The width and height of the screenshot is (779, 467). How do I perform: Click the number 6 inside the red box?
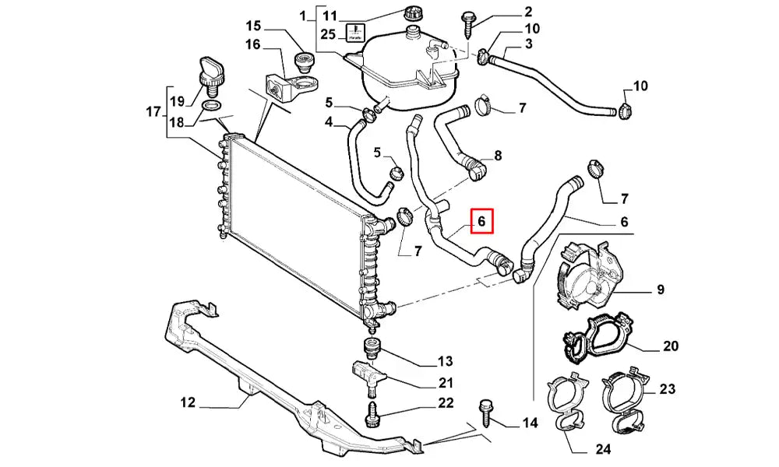click(481, 222)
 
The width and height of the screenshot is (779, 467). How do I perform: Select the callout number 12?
click(187, 402)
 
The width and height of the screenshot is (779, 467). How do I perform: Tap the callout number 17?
click(153, 112)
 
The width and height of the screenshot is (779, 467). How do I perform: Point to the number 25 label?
click(328, 33)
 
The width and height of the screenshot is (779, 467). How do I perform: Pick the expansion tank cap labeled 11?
click(414, 13)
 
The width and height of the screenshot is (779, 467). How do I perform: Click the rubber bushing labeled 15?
click(301, 61)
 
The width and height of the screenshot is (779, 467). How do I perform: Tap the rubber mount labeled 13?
click(372, 346)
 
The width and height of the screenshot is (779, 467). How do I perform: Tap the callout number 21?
click(446, 382)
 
